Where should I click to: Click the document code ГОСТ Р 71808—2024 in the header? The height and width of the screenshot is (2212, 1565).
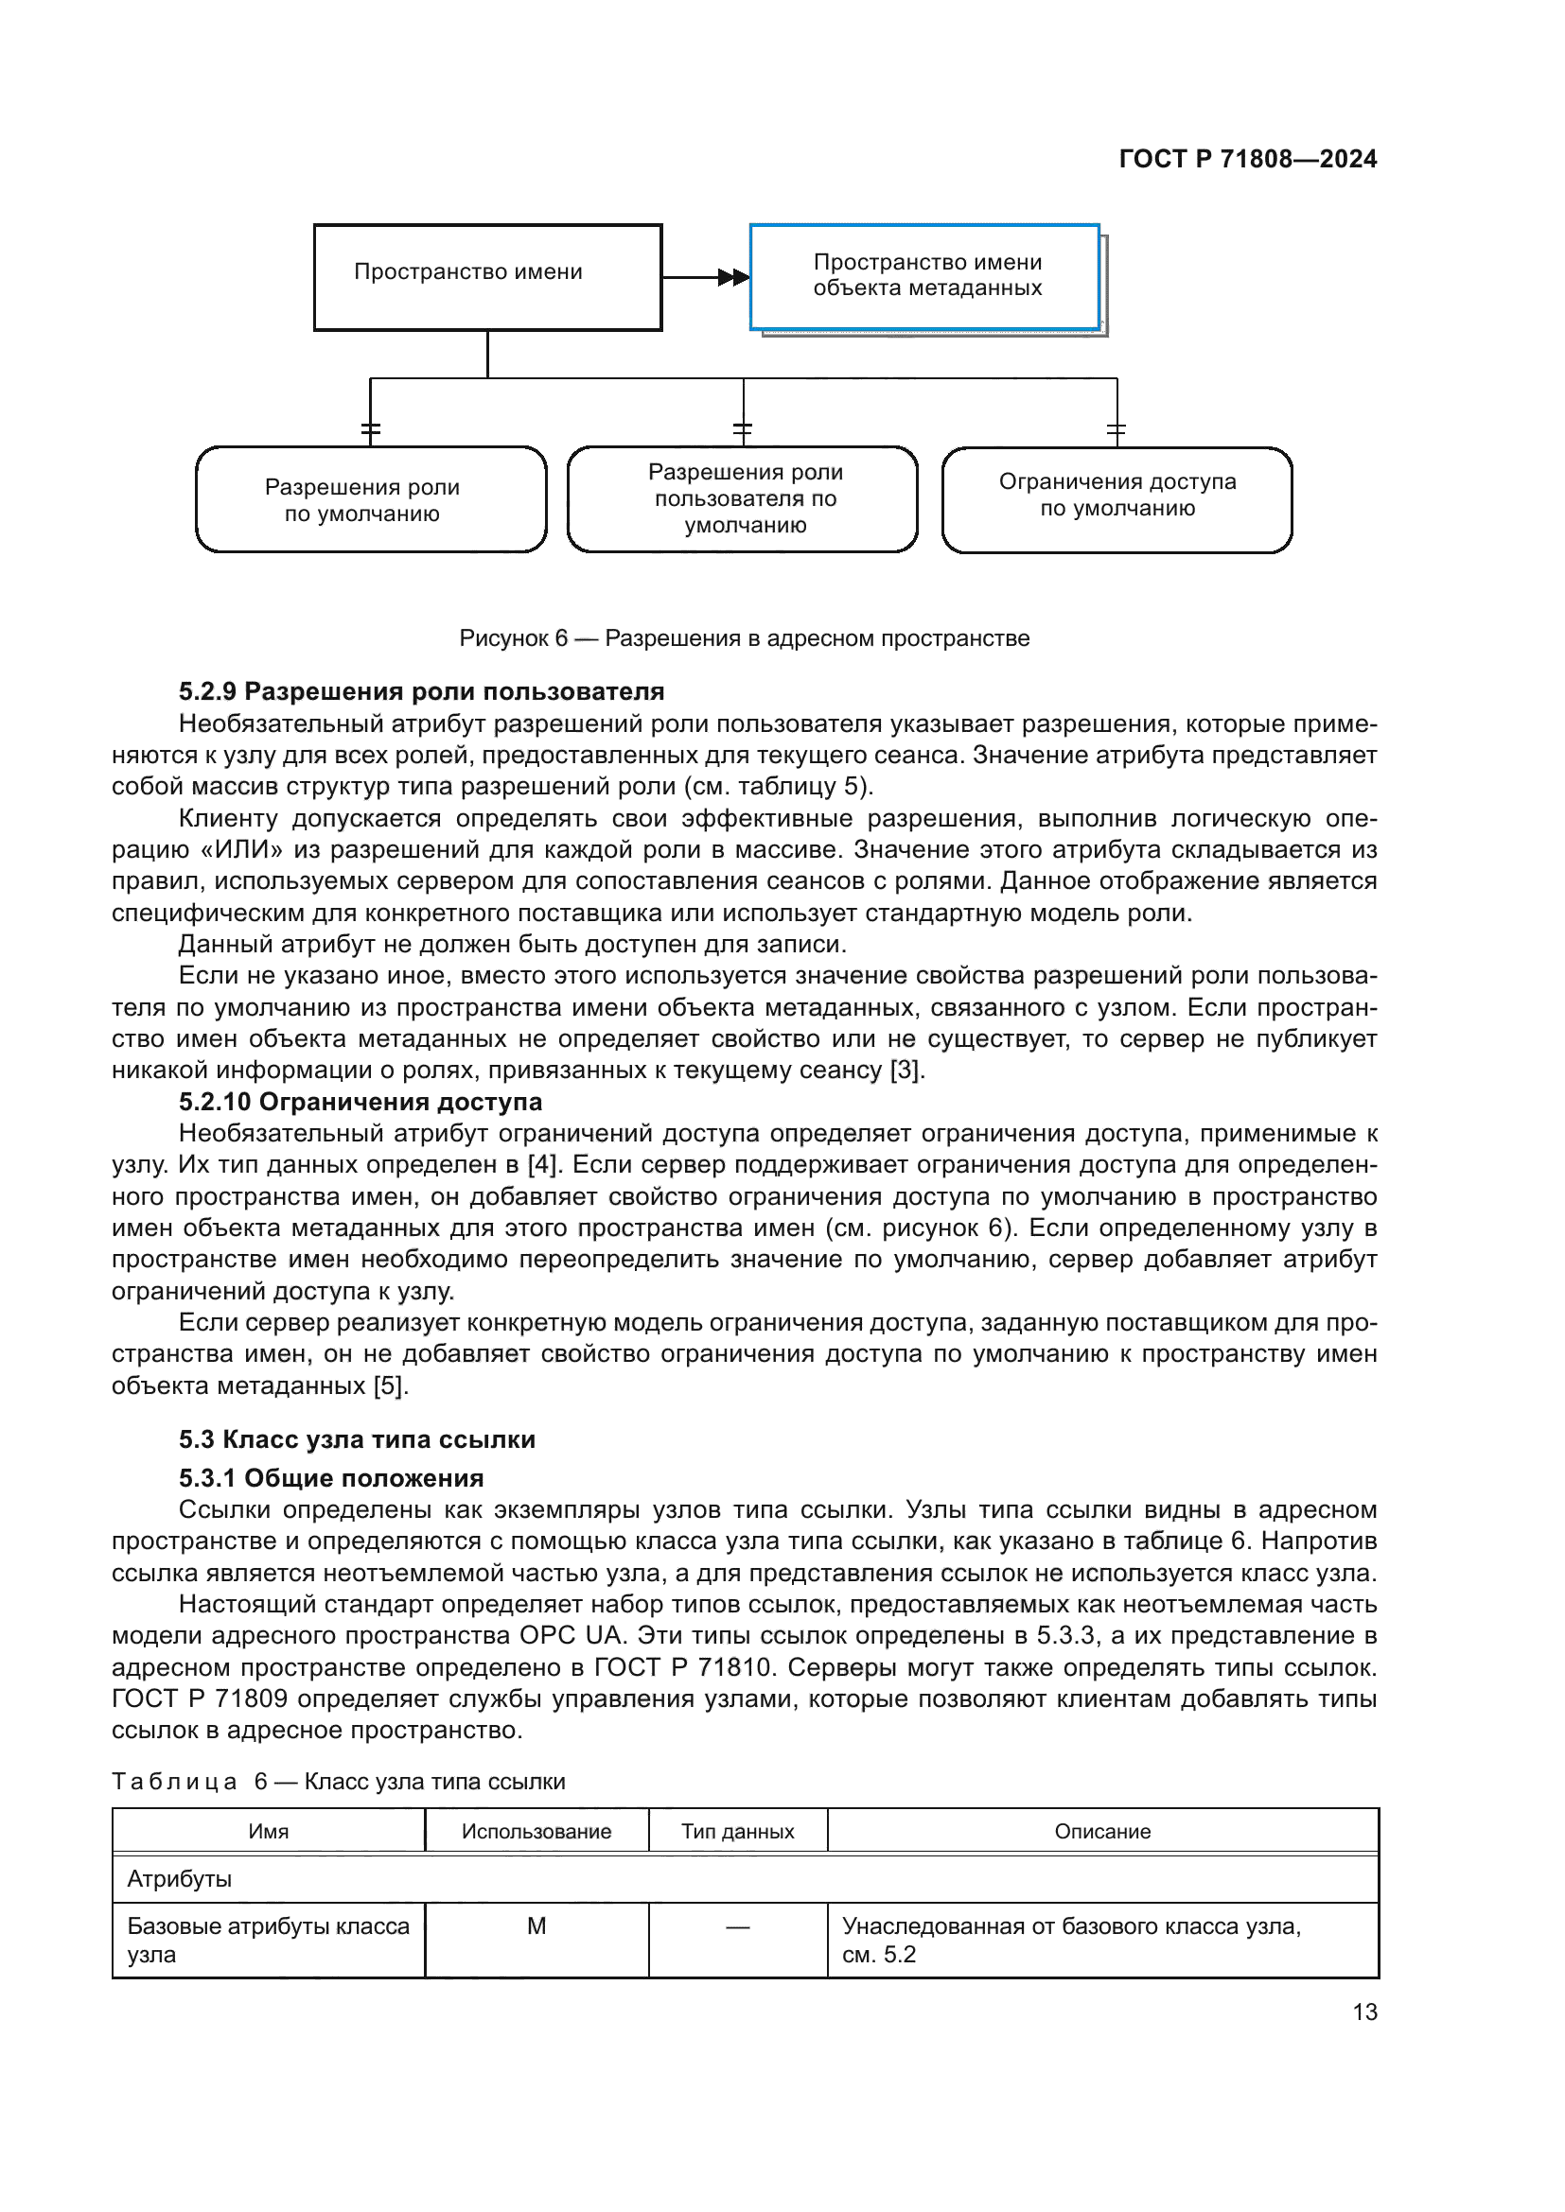[x=1247, y=159]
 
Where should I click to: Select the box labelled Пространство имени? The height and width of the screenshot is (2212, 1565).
[x=487, y=277]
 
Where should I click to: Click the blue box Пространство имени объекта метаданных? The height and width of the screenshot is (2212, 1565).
[x=925, y=276]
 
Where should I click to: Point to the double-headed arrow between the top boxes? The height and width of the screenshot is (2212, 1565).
[x=732, y=277]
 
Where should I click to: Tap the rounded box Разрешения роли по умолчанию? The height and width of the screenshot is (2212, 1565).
[x=371, y=500]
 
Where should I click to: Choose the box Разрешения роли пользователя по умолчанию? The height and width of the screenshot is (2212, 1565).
[x=743, y=499]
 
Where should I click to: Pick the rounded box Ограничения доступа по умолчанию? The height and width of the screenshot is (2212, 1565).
[x=1117, y=500]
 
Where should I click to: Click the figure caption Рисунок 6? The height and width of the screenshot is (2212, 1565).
[x=744, y=637]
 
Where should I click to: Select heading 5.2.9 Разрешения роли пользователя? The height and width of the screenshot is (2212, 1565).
[x=421, y=691]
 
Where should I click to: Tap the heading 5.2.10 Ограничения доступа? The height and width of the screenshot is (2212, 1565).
[x=360, y=1102]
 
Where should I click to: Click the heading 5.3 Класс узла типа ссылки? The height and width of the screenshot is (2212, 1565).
[x=357, y=1439]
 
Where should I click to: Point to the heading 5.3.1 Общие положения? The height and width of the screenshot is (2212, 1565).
[x=330, y=1478]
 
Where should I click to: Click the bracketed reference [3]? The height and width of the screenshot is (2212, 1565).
[x=906, y=1071]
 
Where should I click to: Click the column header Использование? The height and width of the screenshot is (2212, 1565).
[x=536, y=1832]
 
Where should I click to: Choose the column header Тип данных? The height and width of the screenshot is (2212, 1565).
[x=737, y=1832]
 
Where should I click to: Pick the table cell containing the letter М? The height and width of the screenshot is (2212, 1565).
[x=536, y=1926]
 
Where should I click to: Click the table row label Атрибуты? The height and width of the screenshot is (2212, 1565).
[x=180, y=1879]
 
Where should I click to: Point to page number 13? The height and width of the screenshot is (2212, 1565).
[x=1364, y=2012]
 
